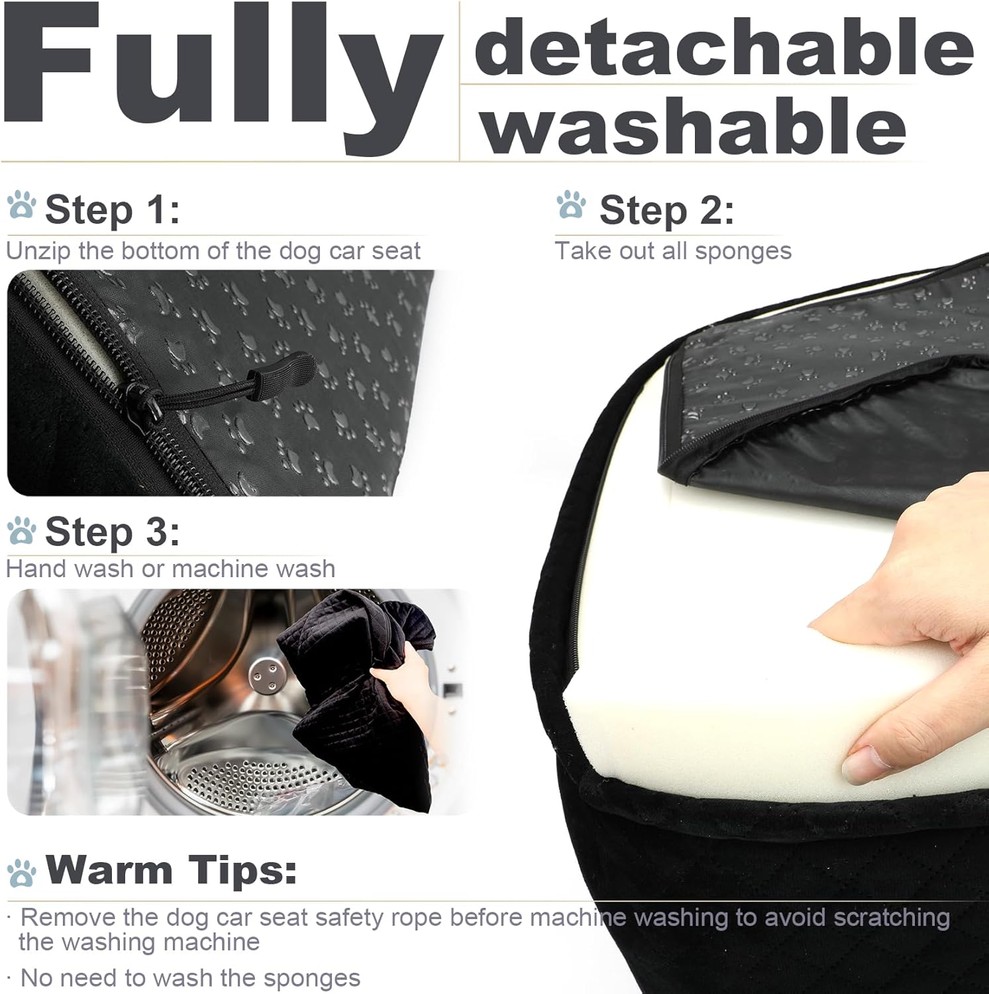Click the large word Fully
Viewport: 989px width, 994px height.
point(222,73)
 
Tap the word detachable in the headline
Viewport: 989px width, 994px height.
point(724,46)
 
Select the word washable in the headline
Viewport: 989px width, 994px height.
point(694,124)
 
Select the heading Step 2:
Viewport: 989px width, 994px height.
point(666,211)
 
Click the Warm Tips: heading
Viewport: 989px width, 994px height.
point(171,869)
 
